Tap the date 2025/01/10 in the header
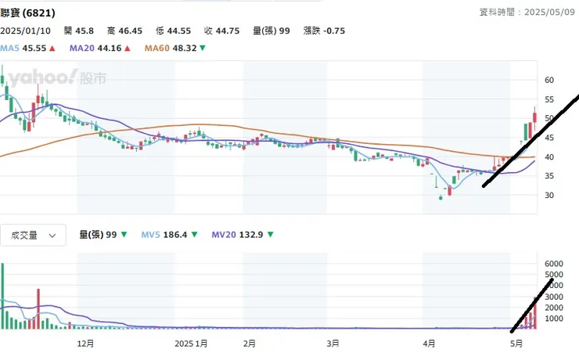pos(27,31)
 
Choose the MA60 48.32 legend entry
pos(175,48)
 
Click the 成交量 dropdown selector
pos(33,234)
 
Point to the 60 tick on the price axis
pos(549,80)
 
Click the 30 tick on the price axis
pos(549,195)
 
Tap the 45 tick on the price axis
pos(549,138)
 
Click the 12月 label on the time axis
pos(85,343)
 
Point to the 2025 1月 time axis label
pos(191,343)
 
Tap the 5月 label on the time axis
pos(516,343)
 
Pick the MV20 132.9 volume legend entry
pos(244,234)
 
